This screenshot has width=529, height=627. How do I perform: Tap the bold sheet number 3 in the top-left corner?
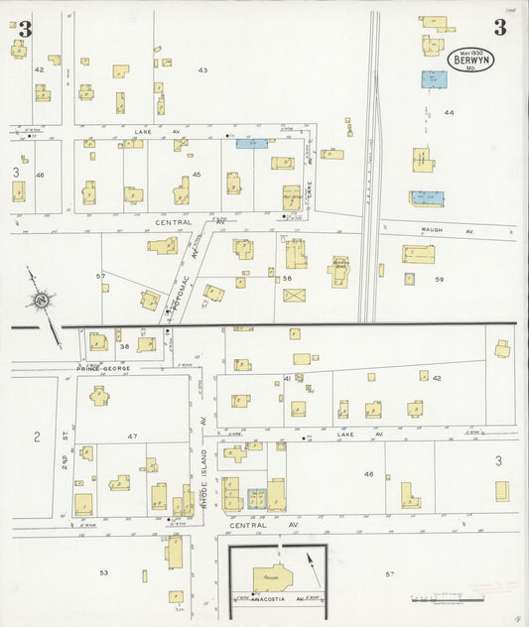tap(25, 31)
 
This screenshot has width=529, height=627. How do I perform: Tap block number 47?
tap(131, 436)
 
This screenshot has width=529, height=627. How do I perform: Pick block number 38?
tap(125, 346)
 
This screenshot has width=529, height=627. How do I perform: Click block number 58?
tap(288, 279)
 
